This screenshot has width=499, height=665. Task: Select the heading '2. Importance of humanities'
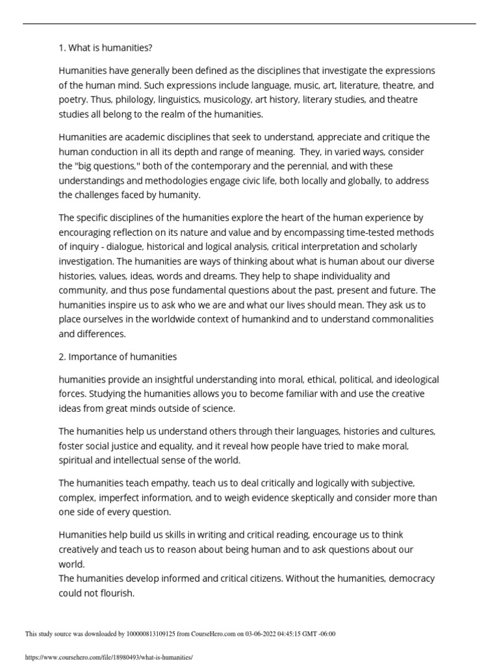[x=118, y=357]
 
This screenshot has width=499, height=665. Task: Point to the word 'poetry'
[x=72, y=100]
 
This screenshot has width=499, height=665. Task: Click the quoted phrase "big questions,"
[x=109, y=166]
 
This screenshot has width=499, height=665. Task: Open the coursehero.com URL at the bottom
[x=109, y=657]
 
